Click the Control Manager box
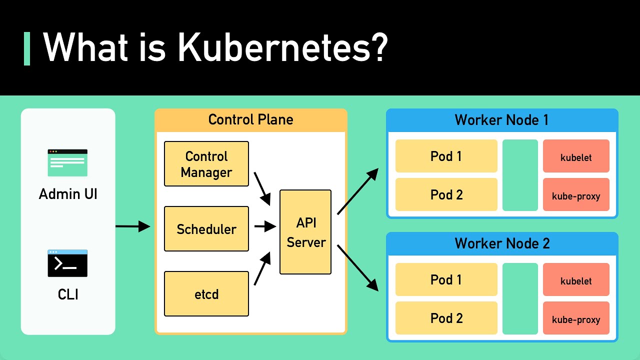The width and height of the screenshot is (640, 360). [x=206, y=164]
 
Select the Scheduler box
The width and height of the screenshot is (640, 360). [x=206, y=229]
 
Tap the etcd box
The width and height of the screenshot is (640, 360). [x=206, y=294]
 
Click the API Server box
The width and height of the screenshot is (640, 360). [x=305, y=232]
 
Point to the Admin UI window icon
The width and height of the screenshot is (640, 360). [x=67, y=162]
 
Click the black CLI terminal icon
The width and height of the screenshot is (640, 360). [x=67, y=263]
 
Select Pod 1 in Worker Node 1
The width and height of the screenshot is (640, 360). [x=446, y=156]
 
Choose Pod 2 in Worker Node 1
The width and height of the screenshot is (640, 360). [x=446, y=194]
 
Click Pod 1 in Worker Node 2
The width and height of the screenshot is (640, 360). [x=446, y=279]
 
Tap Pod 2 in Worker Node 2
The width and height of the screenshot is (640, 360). [x=446, y=318]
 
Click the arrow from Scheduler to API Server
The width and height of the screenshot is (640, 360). [x=265, y=226]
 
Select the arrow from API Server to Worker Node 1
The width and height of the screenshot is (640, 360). [x=357, y=191]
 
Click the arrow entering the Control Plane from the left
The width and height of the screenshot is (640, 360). [x=132, y=226]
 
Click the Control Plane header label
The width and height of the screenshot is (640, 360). [x=250, y=120]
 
